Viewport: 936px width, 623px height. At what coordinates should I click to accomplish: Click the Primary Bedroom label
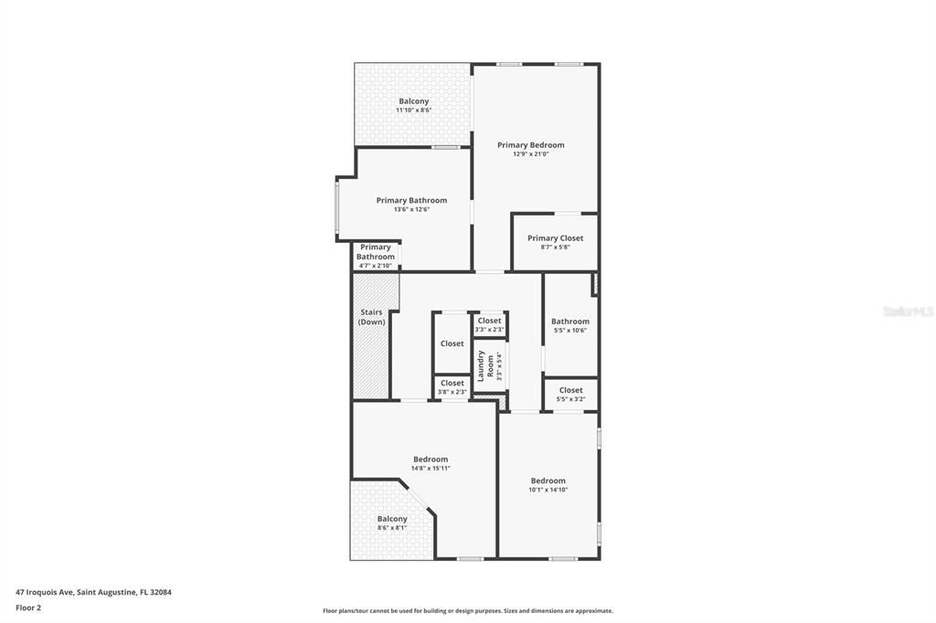530,144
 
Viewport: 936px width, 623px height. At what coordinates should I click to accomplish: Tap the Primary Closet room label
555,238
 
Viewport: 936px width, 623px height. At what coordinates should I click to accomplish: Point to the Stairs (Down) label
371,317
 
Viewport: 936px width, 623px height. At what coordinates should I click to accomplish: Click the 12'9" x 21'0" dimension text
530,154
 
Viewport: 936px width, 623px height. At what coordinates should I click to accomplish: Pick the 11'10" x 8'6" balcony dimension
413,111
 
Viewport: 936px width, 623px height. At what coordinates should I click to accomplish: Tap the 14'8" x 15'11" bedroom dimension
431,469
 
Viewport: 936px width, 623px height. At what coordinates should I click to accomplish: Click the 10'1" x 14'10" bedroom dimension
548,490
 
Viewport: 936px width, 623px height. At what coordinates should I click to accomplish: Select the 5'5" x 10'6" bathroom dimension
569,331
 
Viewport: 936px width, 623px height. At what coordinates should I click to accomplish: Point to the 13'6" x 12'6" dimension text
411,210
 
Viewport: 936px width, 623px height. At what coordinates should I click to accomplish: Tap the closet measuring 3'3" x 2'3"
489,324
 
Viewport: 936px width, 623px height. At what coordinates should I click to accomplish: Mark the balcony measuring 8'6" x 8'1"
392,523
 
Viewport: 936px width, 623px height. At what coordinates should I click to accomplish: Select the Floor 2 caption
28,607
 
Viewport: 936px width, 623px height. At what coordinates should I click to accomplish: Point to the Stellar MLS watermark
908,311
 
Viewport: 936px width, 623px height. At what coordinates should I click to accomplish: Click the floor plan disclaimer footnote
467,611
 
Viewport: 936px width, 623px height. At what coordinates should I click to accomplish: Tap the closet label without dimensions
452,343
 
